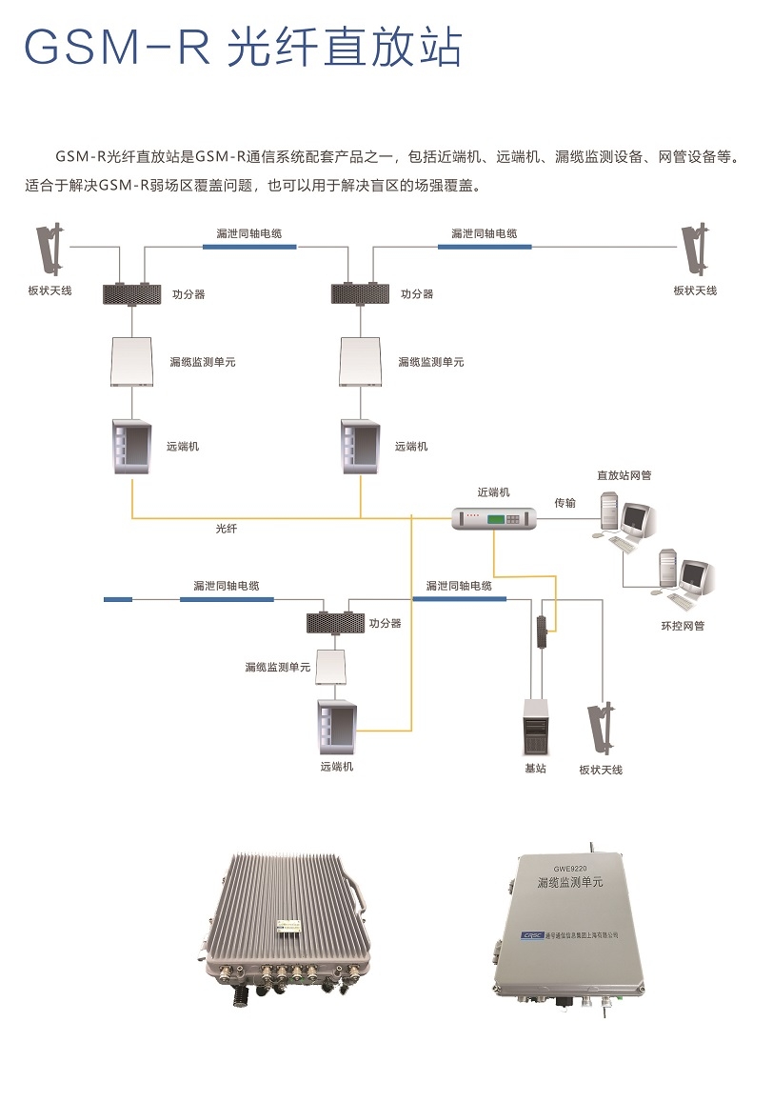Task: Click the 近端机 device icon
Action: (494, 519)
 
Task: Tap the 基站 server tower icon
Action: (535, 728)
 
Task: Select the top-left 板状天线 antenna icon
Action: (51, 250)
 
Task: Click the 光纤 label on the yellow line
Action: (227, 528)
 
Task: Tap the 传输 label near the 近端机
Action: (565, 503)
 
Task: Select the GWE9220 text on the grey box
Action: (570, 869)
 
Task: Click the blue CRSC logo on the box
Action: (533, 934)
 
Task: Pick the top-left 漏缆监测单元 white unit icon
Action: (132, 361)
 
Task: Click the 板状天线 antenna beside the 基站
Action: (601, 729)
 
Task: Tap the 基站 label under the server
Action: (535, 769)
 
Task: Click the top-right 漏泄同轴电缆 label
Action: (485, 233)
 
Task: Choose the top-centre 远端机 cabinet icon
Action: (360, 447)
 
